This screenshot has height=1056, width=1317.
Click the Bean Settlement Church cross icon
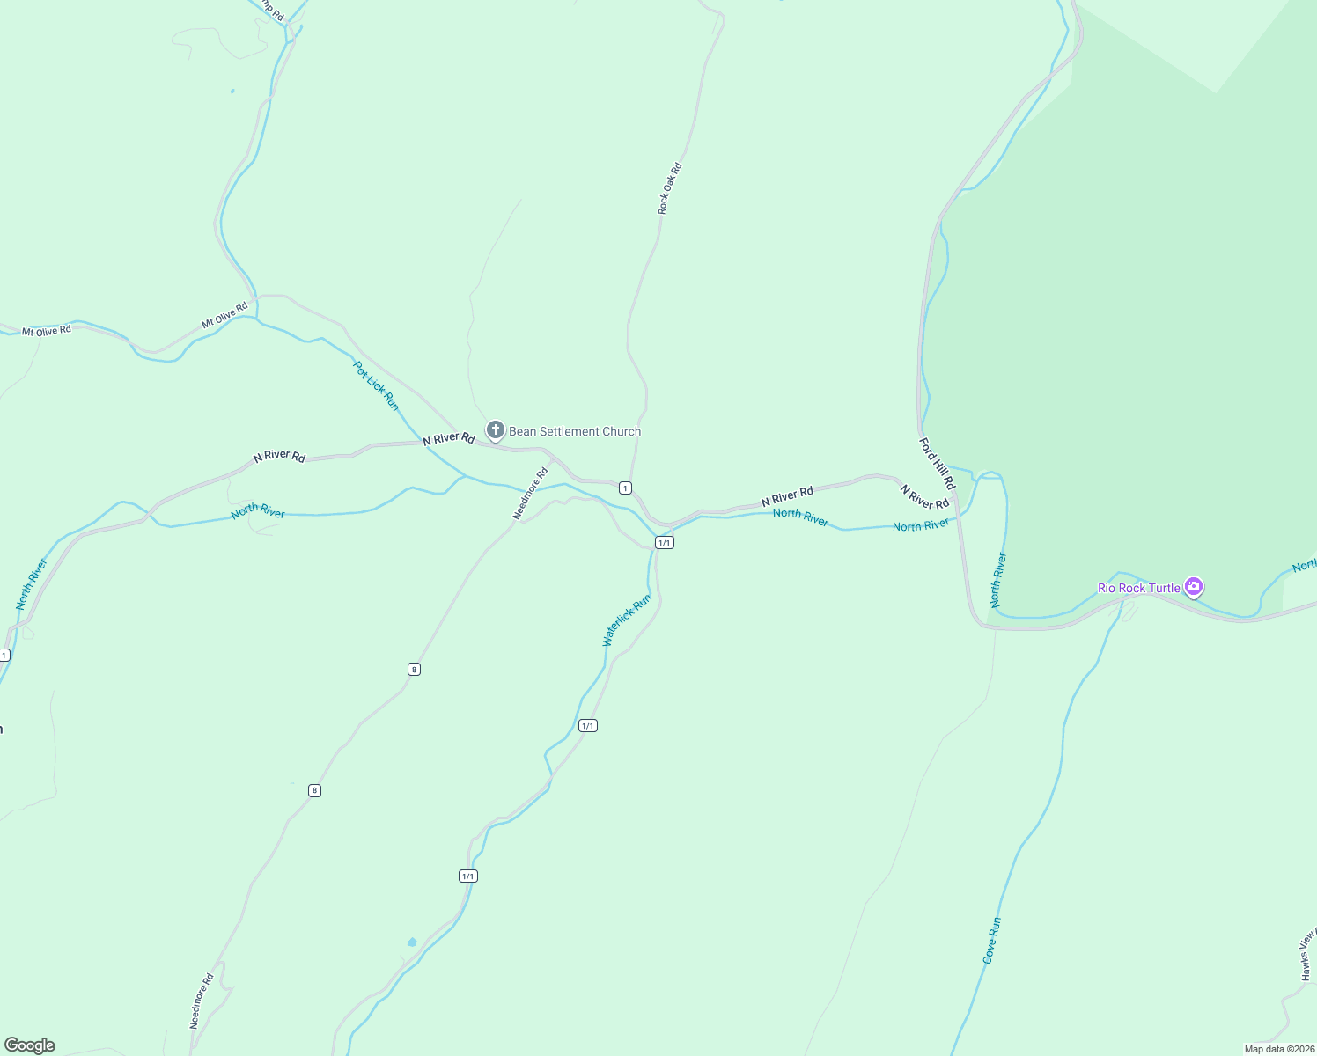[x=496, y=430]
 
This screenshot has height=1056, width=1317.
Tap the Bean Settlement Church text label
[x=575, y=431]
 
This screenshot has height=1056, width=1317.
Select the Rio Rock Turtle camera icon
[x=1193, y=586]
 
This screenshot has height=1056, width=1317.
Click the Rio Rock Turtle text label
[x=1138, y=588]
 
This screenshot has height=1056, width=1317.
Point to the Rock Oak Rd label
[x=670, y=188]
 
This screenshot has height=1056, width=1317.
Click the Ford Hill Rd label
[x=937, y=464]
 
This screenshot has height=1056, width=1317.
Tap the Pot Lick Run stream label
[x=376, y=385]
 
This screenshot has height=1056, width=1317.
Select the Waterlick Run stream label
[x=627, y=620]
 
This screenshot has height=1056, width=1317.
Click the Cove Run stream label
[x=992, y=941]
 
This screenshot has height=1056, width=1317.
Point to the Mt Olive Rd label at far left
[x=47, y=331]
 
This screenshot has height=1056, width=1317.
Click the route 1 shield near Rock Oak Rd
[x=625, y=488]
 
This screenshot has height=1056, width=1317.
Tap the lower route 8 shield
[x=314, y=790]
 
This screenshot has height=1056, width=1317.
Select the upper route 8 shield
[x=414, y=669]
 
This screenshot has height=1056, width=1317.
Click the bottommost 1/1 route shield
[x=467, y=876]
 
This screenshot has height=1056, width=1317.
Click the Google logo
[x=30, y=1045]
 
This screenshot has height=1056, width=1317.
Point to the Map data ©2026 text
[x=1278, y=1049]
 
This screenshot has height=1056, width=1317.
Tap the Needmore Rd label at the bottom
[x=202, y=1001]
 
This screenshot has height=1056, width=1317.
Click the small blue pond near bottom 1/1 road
[x=412, y=942]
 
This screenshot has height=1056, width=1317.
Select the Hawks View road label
[x=1309, y=955]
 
